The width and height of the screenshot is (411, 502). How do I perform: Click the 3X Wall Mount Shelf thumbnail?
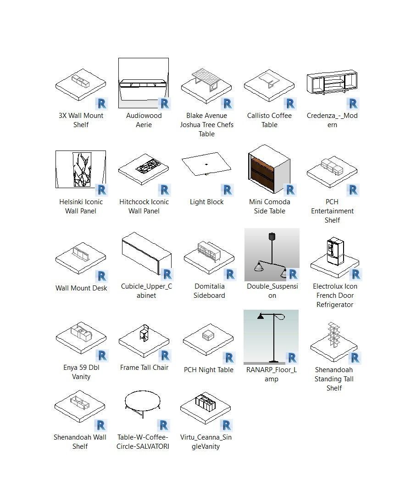pyautogui.click(x=81, y=85)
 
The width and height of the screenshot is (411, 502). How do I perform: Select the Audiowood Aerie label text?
pyautogui.click(x=144, y=120)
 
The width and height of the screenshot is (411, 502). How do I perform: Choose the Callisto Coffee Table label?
pyautogui.click(x=269, y=120)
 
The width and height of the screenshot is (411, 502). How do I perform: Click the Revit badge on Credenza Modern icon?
pyautogui.click(x=353, y=104)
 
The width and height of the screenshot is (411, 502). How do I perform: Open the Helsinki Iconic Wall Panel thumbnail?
pyautogui.click(x=81, y=169)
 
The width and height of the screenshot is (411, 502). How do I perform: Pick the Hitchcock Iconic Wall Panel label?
pyautogui.click(x=144, y=206)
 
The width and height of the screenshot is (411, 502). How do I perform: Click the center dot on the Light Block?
pyautogui.click(x=206, y=164)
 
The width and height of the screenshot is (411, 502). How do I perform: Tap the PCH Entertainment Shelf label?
pyautogui.click(x=332, y=211)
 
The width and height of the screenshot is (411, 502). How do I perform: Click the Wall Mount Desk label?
pyautogui.click(x=81, y=288)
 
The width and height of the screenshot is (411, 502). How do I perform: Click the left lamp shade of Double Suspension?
pyautogui.click(x=259, y=266)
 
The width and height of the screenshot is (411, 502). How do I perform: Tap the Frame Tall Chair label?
pyautogui.click(x=144, y=368)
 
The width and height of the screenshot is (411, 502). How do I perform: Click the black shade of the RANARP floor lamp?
pyautogui.click(x=261, y=316)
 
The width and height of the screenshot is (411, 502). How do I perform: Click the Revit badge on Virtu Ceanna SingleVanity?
pyautogui.click(x=226, y=425)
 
